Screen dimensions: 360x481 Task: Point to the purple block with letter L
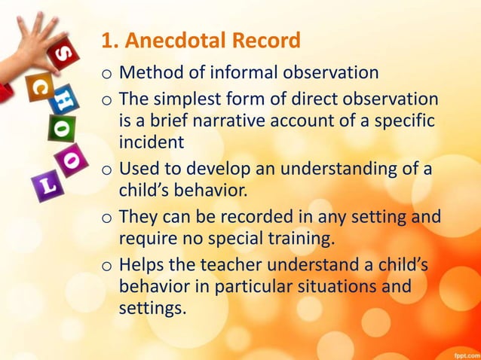(46, 184)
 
